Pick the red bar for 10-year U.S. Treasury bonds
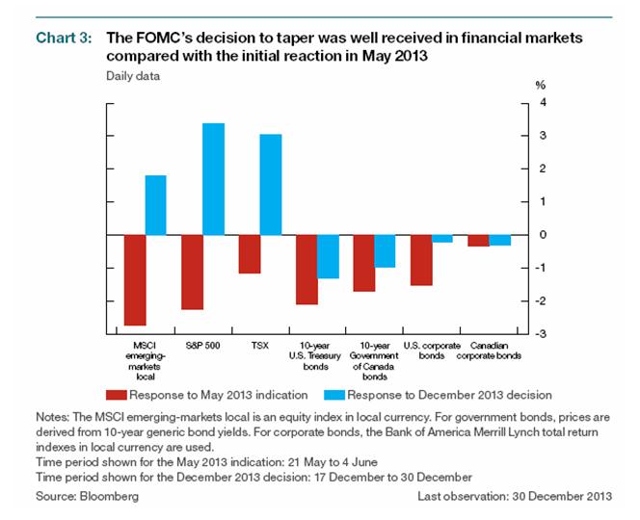coord(307,270)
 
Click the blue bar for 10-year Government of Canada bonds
coord(386,251)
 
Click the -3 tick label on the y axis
coord(542,334)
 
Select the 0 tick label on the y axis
coord(544,235)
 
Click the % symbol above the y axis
coord(540,85)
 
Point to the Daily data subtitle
coord(130,74)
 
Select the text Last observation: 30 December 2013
coord(514,496)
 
